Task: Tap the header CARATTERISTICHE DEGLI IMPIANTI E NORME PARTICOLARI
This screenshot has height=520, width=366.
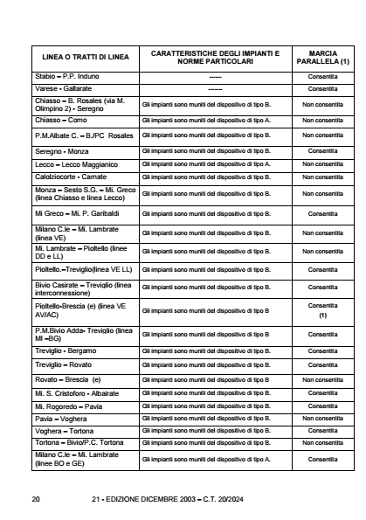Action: [x=215, y=57]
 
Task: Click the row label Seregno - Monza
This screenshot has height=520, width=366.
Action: [x=64, y=151]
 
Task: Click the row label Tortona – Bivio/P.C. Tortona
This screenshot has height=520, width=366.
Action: [x=85, y=443]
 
